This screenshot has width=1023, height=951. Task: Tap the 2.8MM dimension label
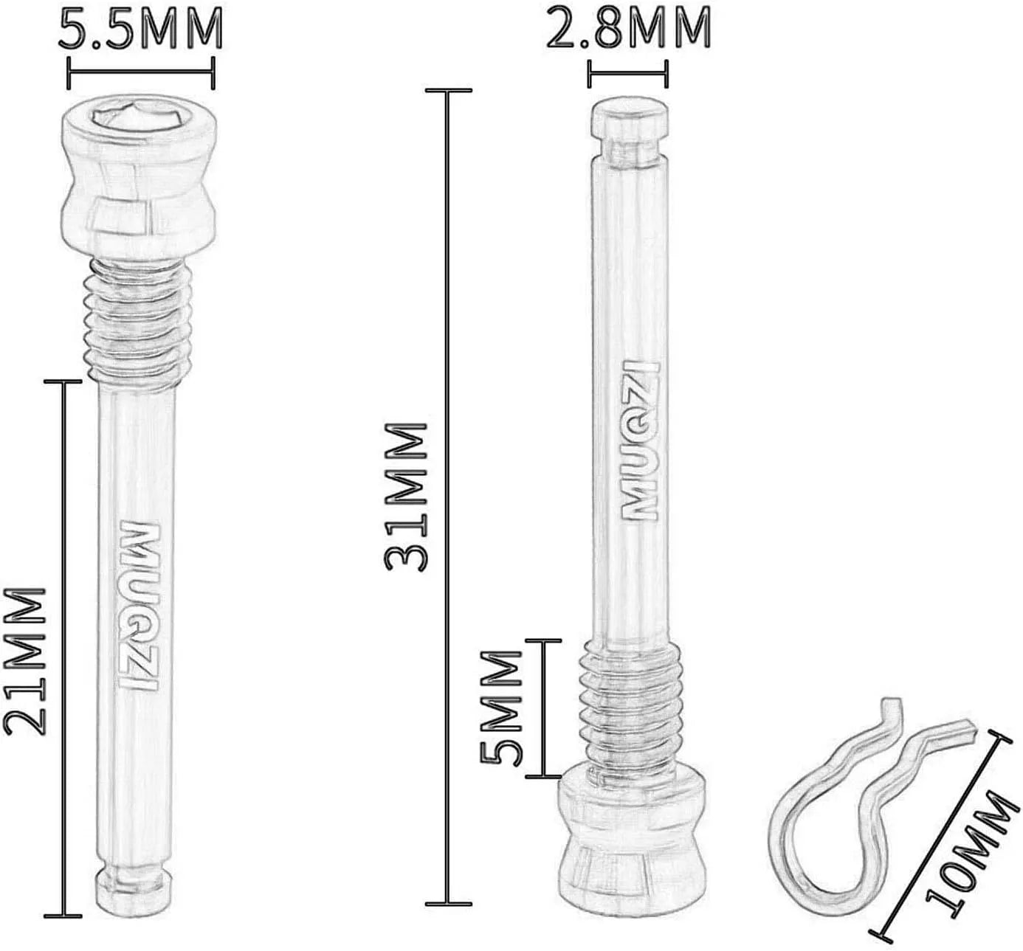(628, 27)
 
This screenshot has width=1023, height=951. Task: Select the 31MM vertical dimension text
(407, 497)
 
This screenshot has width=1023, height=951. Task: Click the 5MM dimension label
(500, 708)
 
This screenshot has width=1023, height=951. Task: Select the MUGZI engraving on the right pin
(641, 440)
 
